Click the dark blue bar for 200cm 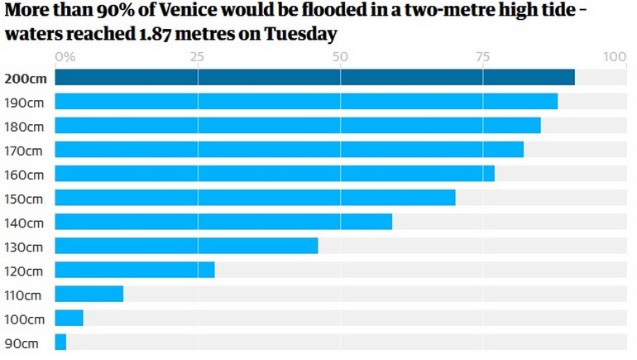(314, 78)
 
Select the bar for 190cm (306, 102)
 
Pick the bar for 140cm (223, 222)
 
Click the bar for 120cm (135, 270)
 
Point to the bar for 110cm (89, 294)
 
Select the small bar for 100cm (69, 318)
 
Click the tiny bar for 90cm (60, 342)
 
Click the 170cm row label (24, 151)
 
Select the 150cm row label (24, 199)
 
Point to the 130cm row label (24, 247)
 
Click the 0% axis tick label (65, 57)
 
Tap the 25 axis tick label (197, 57)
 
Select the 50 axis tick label (340, 57)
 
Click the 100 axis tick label (615, 57)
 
